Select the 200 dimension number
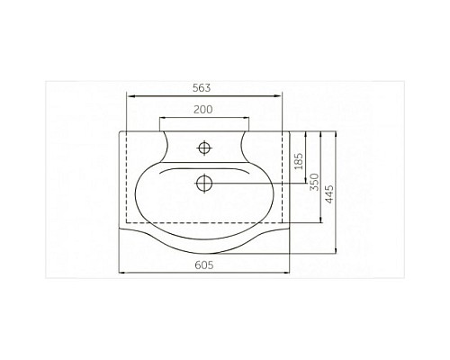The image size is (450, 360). (x=204, y=110)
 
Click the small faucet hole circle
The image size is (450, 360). (x=203, y=146)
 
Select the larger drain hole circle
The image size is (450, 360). (x=203, y=183)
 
